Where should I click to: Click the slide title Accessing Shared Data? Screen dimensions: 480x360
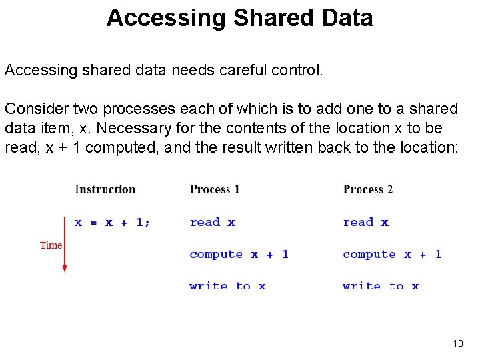point(239,18)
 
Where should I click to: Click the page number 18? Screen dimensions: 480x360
point(458,343)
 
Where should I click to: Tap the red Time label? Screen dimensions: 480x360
point(51,245)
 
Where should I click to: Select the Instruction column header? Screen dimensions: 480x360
point(105,189)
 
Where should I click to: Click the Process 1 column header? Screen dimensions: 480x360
point(215,189)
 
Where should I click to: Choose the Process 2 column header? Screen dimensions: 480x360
point(368,189)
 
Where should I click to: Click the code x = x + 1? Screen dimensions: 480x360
point(113,222)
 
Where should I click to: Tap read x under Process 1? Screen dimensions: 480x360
point(212,222)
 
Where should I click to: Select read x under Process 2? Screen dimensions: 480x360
point(365,222)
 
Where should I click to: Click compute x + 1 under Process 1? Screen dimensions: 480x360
point(239,254)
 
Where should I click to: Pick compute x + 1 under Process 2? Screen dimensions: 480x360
point(392,254)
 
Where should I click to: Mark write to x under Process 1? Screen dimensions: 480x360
point(227,286)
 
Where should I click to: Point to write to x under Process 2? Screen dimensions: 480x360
point(381,286)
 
